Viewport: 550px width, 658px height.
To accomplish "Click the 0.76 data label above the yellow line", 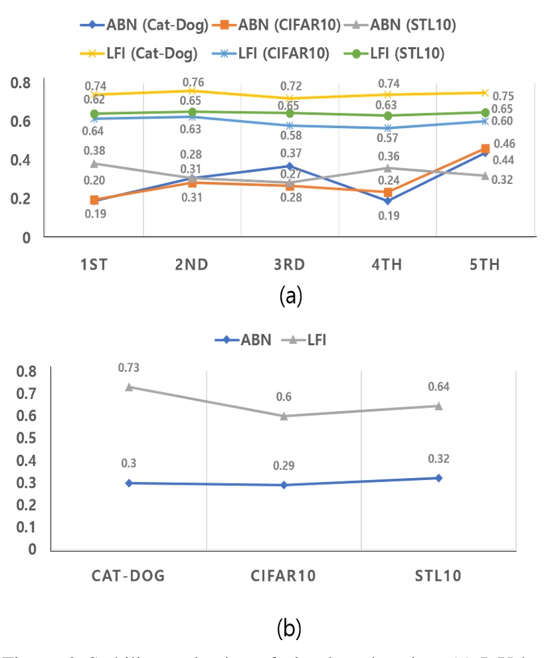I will point(192,82).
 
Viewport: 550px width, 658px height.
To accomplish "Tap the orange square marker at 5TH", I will point(486,149).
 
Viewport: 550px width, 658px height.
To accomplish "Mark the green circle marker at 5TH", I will point(486,112).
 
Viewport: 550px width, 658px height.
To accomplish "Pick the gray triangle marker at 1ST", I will point(94,163).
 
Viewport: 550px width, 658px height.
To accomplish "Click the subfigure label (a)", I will point(290,295).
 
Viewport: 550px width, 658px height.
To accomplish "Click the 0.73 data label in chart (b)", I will point(128,367).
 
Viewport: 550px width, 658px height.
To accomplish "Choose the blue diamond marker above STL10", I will point(439,478).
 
